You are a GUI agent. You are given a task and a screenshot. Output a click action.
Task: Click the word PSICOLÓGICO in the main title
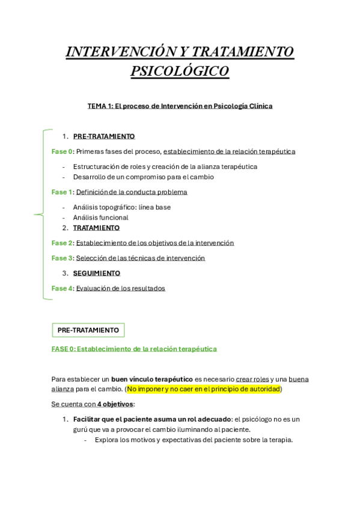click(x=180, y=72)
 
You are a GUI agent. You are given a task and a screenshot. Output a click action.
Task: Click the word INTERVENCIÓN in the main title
click(x=113, y=52)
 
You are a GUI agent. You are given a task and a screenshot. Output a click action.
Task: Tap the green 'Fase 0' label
click(x=62, y=152)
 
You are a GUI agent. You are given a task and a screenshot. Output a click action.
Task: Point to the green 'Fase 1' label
click(x=62, y=192)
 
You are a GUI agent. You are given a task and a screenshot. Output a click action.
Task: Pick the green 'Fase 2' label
click(x=62, y=243)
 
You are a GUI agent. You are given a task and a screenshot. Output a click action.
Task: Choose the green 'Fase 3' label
click(x=62, y=258)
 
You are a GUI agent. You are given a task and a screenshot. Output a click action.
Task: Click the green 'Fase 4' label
click(x=62, y=288)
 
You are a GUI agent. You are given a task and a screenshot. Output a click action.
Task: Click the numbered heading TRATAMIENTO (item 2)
click(x=96, y=228)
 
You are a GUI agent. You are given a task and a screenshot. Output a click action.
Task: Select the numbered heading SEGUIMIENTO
click(x=96, y=273)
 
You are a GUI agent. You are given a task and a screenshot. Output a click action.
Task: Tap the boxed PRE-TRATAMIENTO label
click(x=88, y=330)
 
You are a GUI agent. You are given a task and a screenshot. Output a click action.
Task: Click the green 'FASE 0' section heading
click(x=133, y=349)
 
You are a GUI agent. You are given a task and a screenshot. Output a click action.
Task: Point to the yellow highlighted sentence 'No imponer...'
click(x=204, y=389)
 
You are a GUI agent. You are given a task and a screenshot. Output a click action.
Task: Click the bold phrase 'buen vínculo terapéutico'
click(x=152, y=379)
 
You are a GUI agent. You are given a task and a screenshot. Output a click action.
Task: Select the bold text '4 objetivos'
click(x=115, y=404)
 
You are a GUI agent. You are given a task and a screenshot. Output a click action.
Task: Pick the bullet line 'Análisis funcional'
click(x=100, y=218)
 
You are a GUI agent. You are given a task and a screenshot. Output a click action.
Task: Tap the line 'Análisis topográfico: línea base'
click(x=121, y=207)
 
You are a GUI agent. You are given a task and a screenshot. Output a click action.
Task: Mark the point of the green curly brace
click(x=35, y=214)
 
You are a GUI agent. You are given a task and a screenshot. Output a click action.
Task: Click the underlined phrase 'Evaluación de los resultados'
click(x=120, y=288)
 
